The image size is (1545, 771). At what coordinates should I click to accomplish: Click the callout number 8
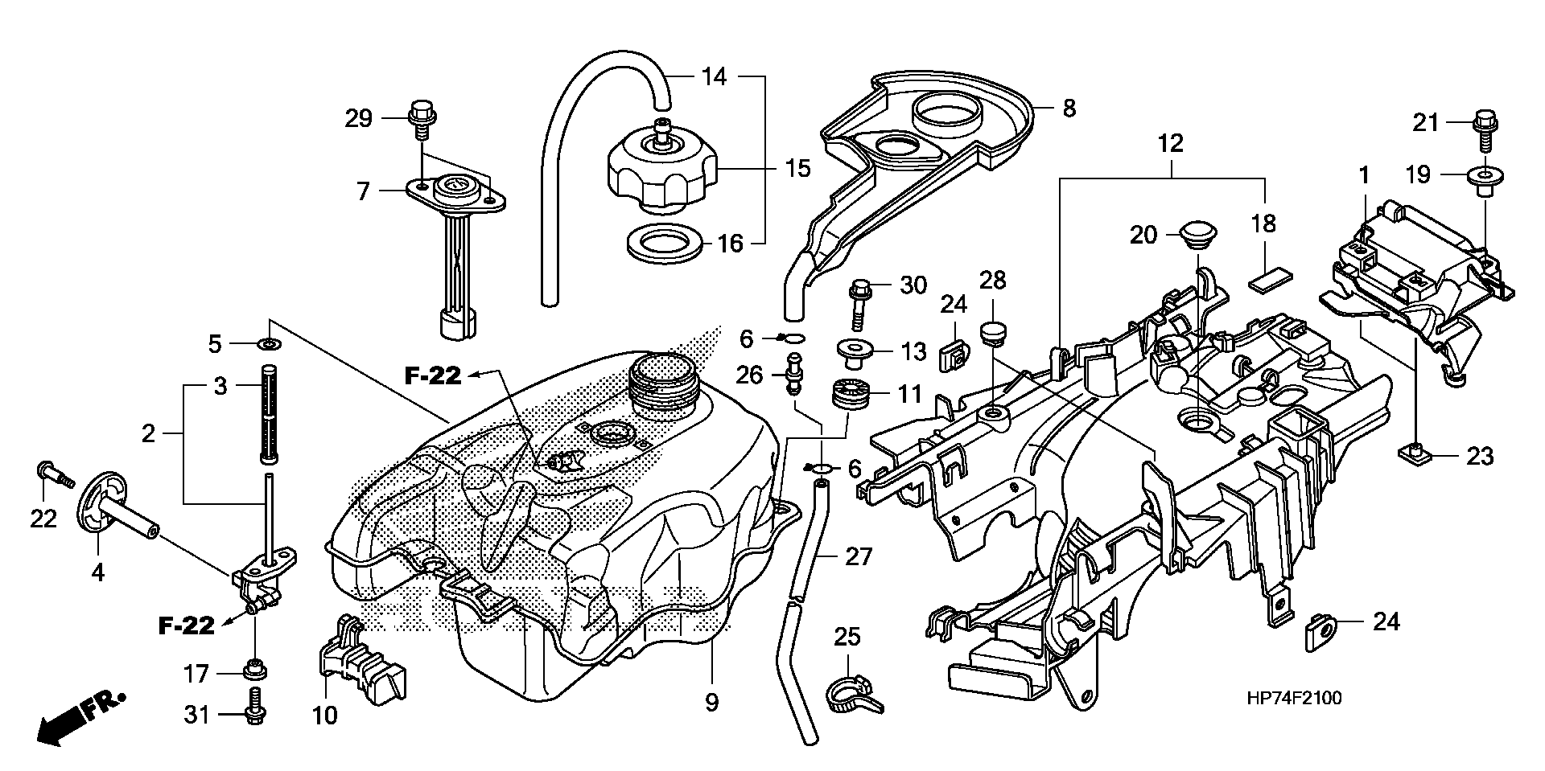[1069, 109]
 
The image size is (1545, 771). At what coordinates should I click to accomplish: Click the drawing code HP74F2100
[1294, 699]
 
